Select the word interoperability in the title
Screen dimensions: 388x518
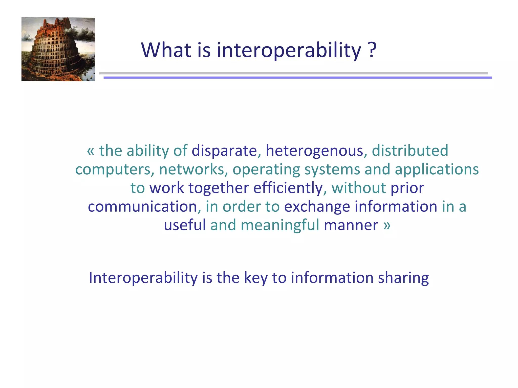click(x=288, y=51)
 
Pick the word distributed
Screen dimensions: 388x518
click(x=410, y=151)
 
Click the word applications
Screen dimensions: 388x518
click(x=437, y=169)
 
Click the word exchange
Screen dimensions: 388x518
click(x=317, y=207)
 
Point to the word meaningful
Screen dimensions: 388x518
click(x=280, y=225)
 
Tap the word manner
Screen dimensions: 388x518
click(x=351, y=225)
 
